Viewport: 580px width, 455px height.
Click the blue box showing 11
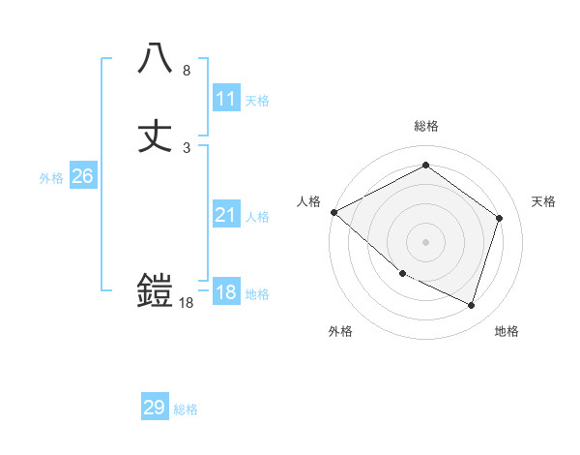pos(226,99)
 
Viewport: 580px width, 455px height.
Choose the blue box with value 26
pos(82,176)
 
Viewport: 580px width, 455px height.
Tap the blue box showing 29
pos(155,408)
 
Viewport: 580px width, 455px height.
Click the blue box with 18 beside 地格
pos(226,293)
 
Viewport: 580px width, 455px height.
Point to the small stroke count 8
pos(187,71)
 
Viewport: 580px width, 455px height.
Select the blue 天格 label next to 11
pos(257,101)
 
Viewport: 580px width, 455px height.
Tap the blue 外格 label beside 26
pos(50,178)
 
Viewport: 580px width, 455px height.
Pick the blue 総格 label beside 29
pos(186,409)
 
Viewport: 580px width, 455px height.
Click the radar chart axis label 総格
pos(426,126)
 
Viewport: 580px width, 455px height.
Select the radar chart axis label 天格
pos(544,201)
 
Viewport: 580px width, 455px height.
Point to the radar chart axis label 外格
pos(340,331)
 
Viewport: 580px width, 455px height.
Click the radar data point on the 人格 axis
pos(333,212)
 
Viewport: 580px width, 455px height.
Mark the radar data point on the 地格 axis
pos(471,306)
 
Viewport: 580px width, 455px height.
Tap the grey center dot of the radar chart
pos(426,242)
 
